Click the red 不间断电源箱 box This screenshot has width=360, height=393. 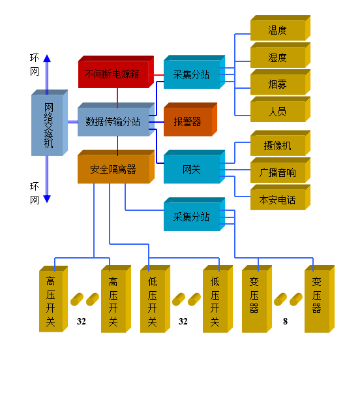(116, 72)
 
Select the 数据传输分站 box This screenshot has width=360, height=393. (116, 119)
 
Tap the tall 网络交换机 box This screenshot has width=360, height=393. (50, 123)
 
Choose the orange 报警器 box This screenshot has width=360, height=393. (190, 119)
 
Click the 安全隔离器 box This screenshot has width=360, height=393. (116, 167)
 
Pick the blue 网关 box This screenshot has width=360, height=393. (194, 167)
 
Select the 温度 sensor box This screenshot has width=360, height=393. (280, 28)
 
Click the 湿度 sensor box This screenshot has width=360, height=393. (280, 55)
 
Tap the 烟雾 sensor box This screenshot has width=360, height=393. (280, 82)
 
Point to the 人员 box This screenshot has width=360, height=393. (280, 109)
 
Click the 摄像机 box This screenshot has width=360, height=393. (280, 143)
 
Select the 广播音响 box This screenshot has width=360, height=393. (280, 170)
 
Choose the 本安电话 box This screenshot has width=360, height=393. (280, 197)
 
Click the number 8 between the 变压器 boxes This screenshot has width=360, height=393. (285, 321)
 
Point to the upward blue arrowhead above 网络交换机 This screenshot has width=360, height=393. (47, 58)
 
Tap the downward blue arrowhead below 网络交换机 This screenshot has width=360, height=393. (47, 199)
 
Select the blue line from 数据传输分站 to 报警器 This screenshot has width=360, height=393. (157, 122)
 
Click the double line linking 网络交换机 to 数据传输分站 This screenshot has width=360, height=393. (73, 122)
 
